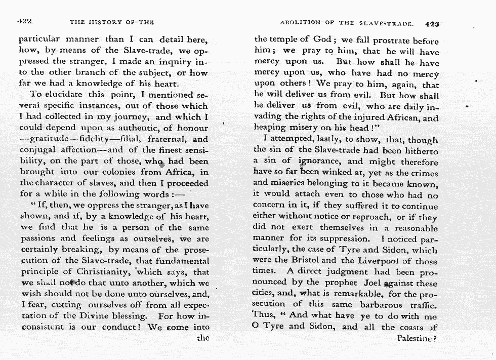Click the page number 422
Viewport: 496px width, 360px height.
tap(25, 22)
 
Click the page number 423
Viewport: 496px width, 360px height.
tap(433, 23)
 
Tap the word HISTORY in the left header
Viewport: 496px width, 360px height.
tap(104, 22)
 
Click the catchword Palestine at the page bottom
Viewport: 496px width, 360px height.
tap(415, 338)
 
